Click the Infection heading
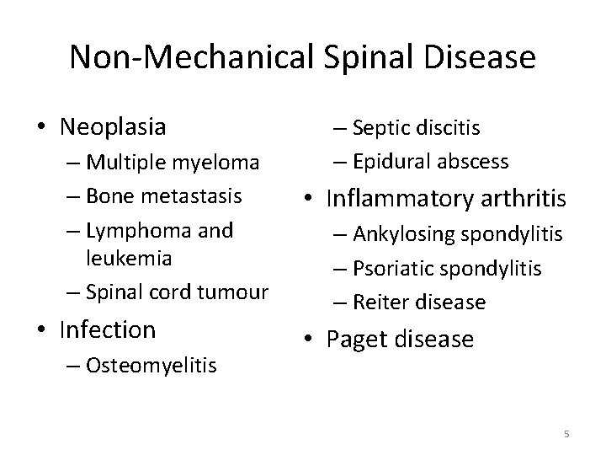point(108,329)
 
